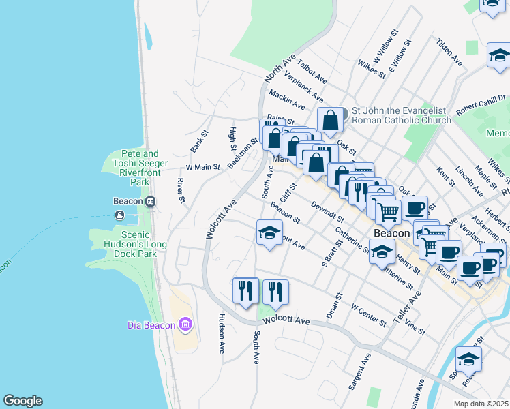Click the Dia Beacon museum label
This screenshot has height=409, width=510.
coord(152,325)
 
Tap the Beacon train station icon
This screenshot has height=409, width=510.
coord(150,202)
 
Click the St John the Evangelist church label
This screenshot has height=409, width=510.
coord(401,115)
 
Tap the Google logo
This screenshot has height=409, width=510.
coord(22,401)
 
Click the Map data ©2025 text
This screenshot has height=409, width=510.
coord(481,404)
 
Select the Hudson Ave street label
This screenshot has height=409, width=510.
coord(222,333)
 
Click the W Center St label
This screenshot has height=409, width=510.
coord(369,316)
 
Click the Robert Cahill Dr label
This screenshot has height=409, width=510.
coord(481,102)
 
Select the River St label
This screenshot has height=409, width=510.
coord(181,190)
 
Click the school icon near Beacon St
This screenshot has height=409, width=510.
coord(269,234)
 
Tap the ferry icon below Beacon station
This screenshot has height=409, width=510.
coord(120,215)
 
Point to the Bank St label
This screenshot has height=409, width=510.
coord(197,142)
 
